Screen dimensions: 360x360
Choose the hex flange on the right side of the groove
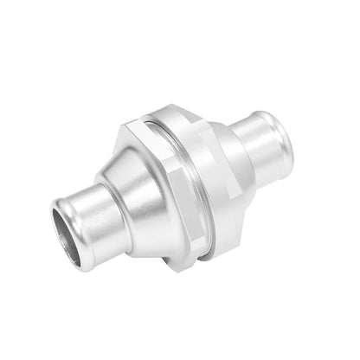[x=218, y=173]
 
